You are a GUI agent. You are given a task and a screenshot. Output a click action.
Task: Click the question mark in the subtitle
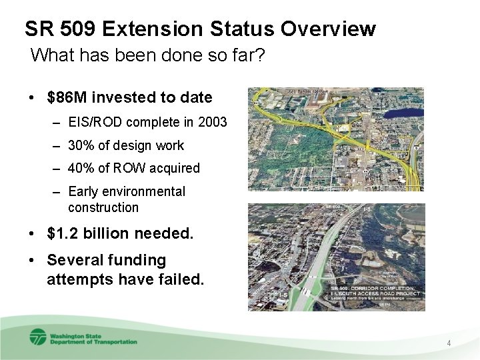pos(261,55)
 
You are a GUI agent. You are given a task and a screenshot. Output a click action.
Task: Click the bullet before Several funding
pos(32,260)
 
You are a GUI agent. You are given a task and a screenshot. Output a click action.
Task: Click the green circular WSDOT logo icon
pos(38,337)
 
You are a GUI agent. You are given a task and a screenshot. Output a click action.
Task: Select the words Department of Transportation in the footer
pos(93,341)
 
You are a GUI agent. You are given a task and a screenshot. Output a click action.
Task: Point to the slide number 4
pos(449,343)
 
